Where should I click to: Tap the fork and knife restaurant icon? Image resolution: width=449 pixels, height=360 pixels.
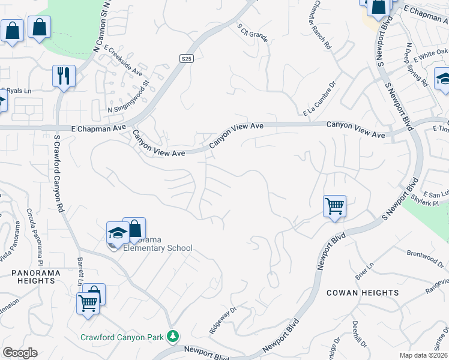tap(64, 76)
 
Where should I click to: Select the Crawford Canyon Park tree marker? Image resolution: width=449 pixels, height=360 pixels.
tap(173, 336)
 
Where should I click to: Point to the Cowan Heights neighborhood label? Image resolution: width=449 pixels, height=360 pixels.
tap(363, 293)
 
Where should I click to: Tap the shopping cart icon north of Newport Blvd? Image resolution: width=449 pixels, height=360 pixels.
tap(334, 206)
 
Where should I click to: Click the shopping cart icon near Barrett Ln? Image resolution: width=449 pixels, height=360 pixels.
tap(88, 303)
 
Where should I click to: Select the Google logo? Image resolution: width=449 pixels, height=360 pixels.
tap(20, 353)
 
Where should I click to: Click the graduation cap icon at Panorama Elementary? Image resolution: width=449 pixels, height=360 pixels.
tap(118, 233)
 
